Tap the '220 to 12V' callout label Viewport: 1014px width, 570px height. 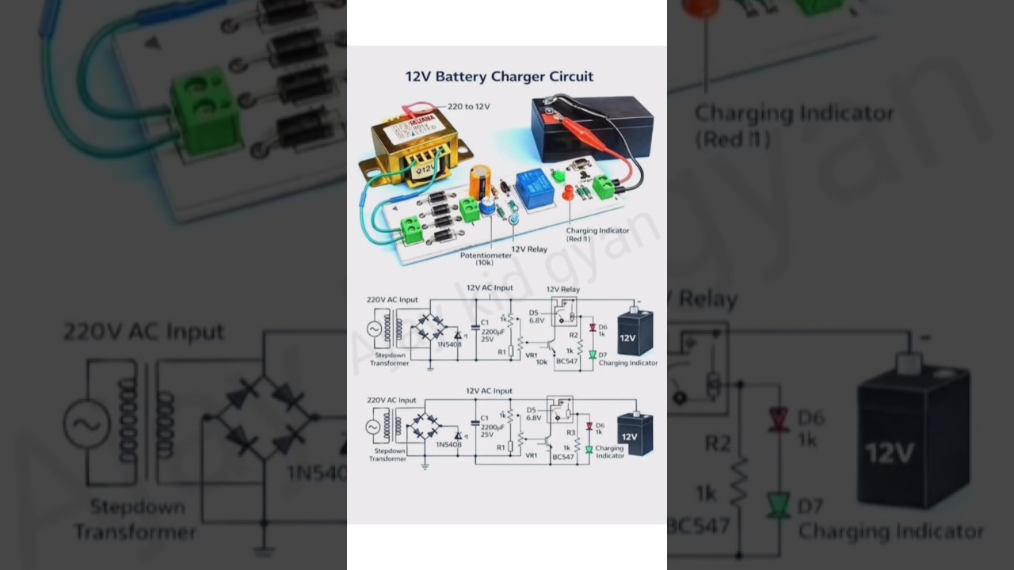click(469, 106)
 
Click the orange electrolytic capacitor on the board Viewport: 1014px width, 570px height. click(478, 181)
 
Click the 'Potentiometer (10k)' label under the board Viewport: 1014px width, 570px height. click(484, 259)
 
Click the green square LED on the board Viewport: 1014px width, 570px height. click(556, 175)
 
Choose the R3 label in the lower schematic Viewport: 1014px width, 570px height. click(570, 433)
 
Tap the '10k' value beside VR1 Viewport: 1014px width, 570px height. click(541, 362)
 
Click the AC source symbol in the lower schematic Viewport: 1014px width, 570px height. click(373, 427)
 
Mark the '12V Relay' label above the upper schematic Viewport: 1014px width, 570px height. click(563, 289)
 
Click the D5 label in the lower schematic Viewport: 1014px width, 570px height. click(531, 409)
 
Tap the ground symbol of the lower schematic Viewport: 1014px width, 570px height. click(425, 466)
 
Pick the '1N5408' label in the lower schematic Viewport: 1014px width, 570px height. click(448, 444)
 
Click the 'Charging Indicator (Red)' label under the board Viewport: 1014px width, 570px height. click(597, 234)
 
